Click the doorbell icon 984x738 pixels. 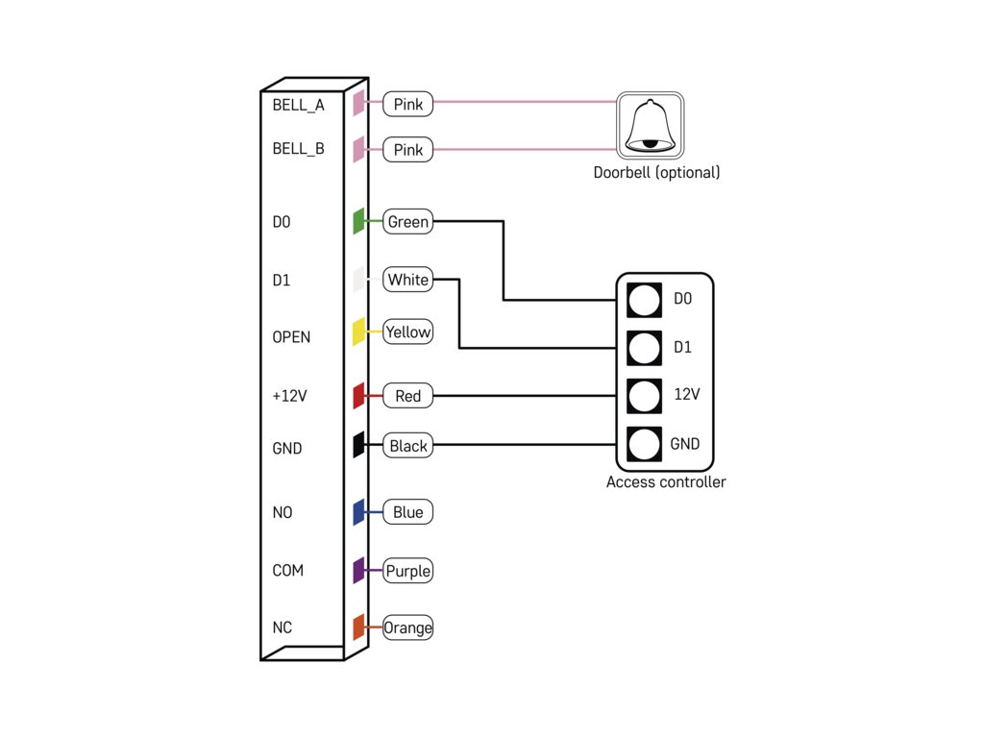click(x=651, y=126)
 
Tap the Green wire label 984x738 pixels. click(x=407, y=222)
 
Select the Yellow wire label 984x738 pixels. click(x=407, y=332)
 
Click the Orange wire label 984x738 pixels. click(x=407, y=627)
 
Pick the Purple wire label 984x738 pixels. click(x=407, y=571)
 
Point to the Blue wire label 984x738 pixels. click(x=407, y=512)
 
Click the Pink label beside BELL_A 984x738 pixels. click(x=407, y=104)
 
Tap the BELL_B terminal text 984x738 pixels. click(x=298, y=149)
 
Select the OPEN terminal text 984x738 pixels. click(x=291, y=337)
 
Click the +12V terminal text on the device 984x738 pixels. click(x=289, y=396)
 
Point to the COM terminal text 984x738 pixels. click(x=287, y=571)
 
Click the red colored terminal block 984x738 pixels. click(x=359, y=396)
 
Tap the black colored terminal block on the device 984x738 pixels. click(x=359, y=445)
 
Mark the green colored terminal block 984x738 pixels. click(x=359, y=222)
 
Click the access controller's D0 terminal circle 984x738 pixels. click(x=644, y=300)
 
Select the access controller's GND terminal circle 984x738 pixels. click(x=644, y=444)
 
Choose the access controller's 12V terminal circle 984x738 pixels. click(x=644, y=396)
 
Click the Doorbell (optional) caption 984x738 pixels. click(x=656, y=173)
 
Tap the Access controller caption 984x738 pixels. click(x=666, y=482)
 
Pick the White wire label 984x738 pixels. click(x=407, y=280)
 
